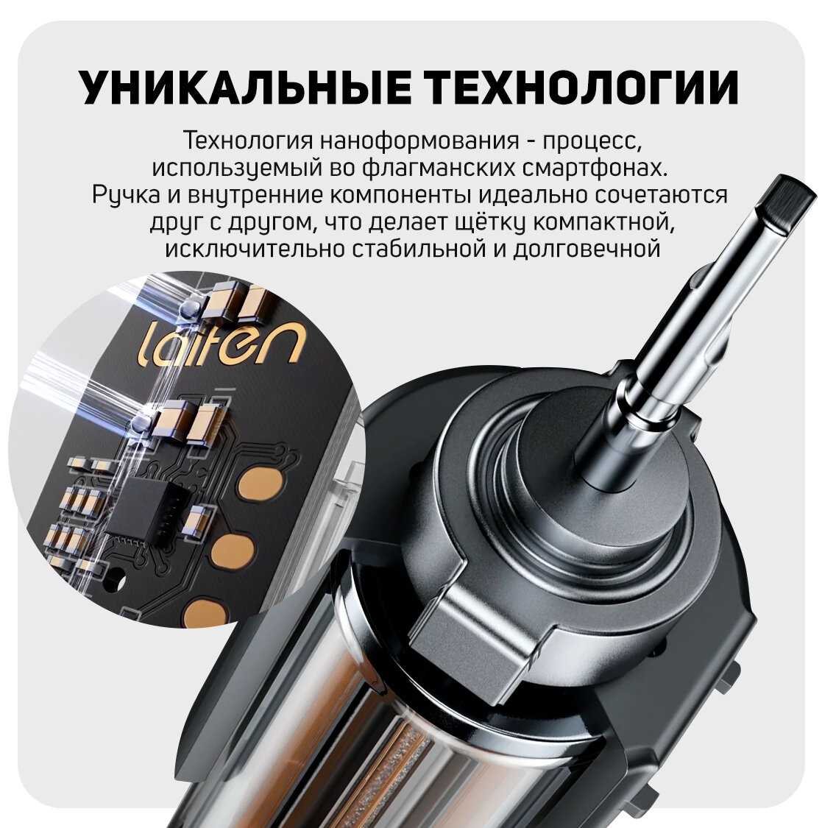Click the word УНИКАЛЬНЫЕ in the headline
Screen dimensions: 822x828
[246, 87]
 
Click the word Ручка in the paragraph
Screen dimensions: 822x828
[126, 195]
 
